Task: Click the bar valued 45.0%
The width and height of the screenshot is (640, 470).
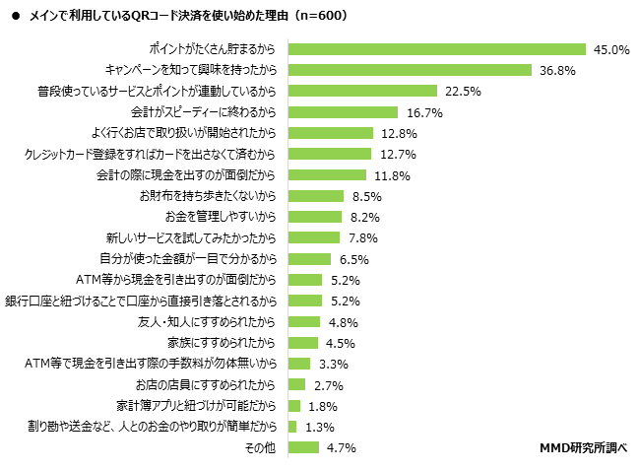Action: [437, 48]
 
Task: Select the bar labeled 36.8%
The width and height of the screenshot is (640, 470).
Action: [410, 70]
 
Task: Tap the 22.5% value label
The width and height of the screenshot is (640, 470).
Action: [463, 91]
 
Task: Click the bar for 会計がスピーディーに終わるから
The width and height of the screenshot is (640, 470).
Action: [343, 112]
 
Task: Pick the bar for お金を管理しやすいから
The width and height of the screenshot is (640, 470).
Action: [315, 217]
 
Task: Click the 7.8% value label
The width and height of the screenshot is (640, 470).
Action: [364, 238]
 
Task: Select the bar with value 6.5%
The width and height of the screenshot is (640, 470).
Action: [309, 259]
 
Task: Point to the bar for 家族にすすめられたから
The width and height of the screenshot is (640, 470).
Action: [303, 343]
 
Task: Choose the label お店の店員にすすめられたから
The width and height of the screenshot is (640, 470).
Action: [206, 384]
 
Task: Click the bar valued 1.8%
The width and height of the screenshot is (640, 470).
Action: [294, 406]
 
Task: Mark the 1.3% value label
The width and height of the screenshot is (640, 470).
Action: [321, 427]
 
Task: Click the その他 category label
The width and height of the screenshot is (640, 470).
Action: [261, 448]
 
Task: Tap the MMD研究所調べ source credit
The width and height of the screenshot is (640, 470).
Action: [584, 447]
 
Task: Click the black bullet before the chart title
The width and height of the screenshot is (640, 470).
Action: [15, 18]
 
